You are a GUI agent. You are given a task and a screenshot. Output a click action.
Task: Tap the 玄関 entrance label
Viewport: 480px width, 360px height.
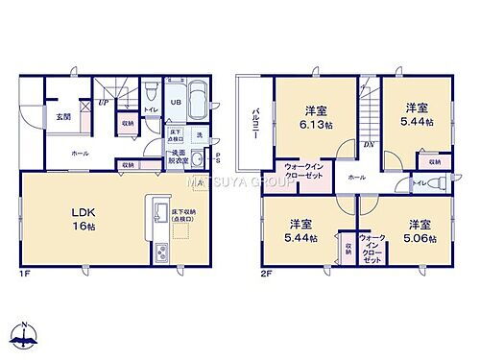point(62,117)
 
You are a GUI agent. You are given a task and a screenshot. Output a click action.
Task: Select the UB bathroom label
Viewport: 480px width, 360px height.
point(178,103)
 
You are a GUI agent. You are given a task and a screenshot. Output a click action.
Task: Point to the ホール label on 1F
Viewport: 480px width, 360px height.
point(80,153)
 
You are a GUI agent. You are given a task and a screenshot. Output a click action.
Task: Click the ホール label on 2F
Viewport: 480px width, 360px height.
point(356,178)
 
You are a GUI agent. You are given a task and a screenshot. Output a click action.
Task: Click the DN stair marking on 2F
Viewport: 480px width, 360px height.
point(368,145)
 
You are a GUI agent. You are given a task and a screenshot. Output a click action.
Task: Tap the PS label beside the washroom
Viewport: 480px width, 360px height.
point(218,158)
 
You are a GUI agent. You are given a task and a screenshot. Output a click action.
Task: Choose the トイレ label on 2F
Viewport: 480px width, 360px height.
point(419,181)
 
